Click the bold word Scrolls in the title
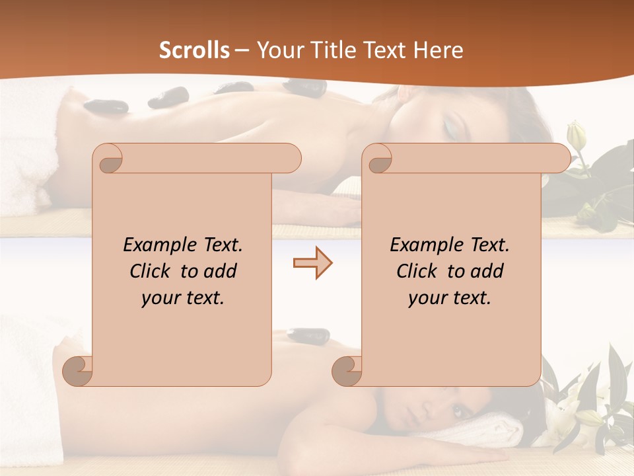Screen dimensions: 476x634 (x=194, y=50)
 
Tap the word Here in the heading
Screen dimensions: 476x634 (x=438, y=50)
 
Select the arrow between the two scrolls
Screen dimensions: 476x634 (x=312, y=263)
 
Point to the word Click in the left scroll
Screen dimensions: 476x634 (x=153, y=271)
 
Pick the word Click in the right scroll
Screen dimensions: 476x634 (x=420, y=271)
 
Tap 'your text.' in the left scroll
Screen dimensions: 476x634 (x=183, y=297)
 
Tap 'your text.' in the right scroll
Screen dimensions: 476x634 (x=450, y=297)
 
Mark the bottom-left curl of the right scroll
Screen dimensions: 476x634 (x=346, y=370)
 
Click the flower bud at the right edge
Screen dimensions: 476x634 (x=577, y=136)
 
